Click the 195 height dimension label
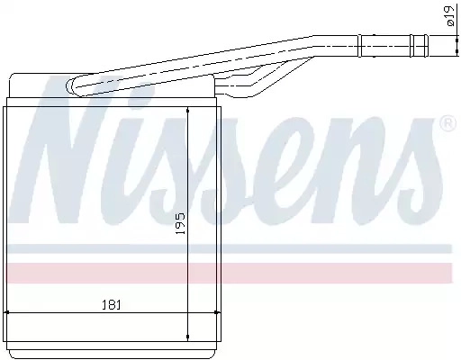point(180,224)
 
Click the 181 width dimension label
point(112,305)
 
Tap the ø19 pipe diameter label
point(450,15)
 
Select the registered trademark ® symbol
point(447,123)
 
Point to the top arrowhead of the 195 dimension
point(188,111)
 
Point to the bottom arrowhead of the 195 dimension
point(188,337)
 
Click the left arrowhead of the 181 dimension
point(6,312)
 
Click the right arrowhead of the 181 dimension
point(217,312)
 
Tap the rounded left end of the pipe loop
point(69,86)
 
